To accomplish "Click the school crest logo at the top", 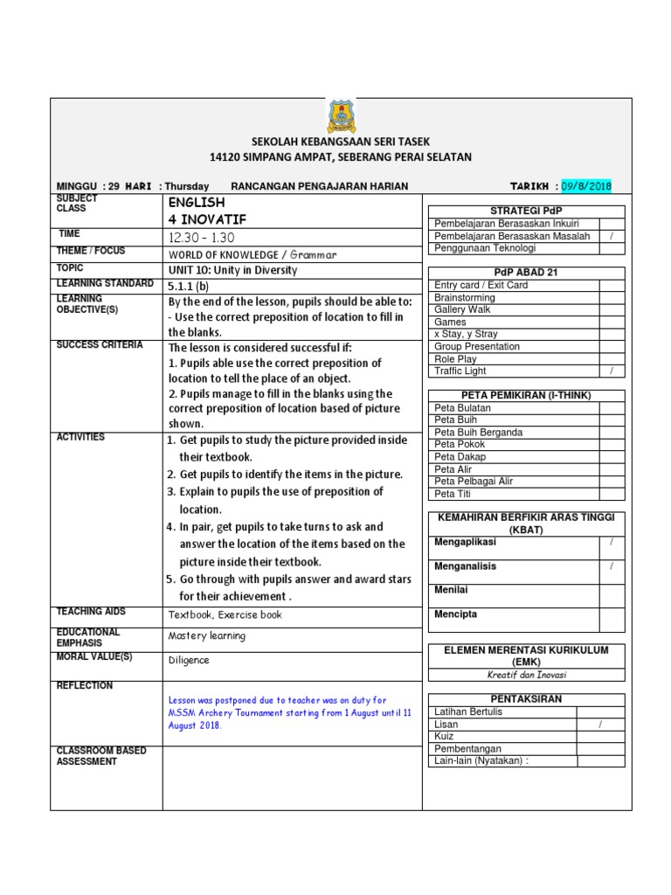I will pos(341,117).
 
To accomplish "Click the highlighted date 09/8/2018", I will pos(586,186).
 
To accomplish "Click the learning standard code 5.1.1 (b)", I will pos(189,285).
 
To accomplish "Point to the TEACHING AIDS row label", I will pos(92,612).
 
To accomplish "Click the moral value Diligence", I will pos(189,660).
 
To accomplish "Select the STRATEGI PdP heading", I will pos(526,211).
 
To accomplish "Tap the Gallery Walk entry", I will pos(463,309).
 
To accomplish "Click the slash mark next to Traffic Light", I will pos(612,371).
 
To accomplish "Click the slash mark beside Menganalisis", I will pos(612,566).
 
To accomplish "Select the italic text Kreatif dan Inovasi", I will pos(525,675).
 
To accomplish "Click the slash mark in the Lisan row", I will pos(600,725).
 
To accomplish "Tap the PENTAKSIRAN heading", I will pos(525,699).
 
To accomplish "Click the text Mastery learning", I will pos(207,636).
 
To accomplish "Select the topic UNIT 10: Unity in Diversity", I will pos(232,270).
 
